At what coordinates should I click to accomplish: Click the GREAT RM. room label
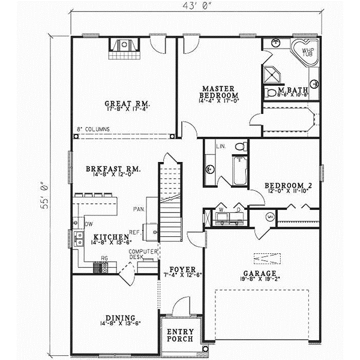[x=125, y=104]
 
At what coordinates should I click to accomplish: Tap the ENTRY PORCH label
[x=179, y=335]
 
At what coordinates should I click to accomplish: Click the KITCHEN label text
[x=107, y=237]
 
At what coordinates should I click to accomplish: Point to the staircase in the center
[x=170, y=198]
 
